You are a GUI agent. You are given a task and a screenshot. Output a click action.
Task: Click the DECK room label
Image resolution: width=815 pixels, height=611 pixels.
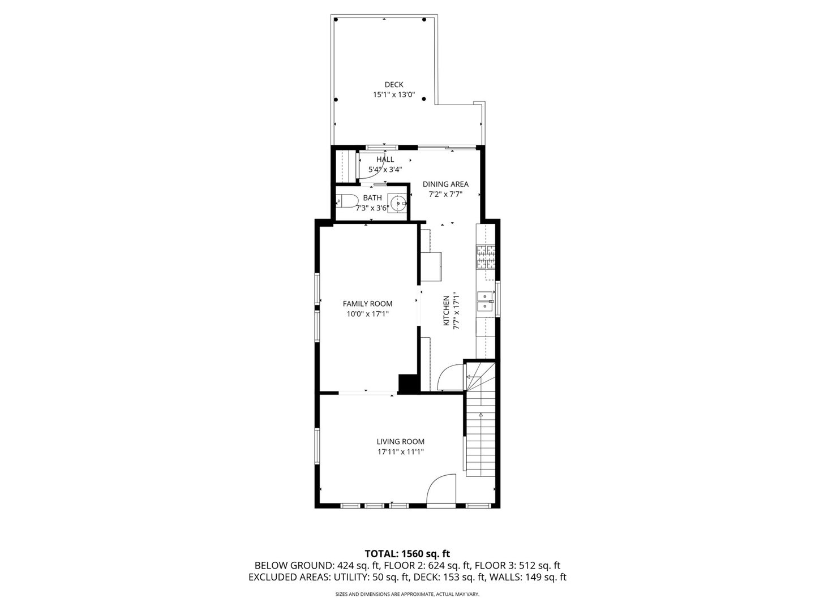(x=393, y=85)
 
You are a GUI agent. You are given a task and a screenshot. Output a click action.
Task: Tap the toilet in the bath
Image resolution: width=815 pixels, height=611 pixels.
(x=346, y=202)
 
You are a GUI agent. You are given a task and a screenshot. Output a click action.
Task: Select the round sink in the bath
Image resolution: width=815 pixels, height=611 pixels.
(x=397, y=203)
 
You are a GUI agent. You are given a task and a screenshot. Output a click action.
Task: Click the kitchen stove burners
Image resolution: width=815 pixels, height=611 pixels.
(x=486, y=257)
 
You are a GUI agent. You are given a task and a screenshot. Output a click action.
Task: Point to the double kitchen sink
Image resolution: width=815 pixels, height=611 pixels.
(x=485, y=301)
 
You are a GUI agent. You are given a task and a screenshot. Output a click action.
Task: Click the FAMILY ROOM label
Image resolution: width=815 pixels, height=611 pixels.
(x=367, y=303)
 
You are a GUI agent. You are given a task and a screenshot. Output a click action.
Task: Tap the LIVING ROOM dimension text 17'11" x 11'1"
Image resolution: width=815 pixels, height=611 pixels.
(x=400, y=452)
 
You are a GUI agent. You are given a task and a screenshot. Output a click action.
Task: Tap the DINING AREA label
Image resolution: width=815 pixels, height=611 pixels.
(x=445, y=184)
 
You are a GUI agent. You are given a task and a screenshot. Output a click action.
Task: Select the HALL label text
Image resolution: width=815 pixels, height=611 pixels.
(x=385, y=160)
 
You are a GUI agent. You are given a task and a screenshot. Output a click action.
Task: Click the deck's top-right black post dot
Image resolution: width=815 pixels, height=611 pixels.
(x=424, y=20)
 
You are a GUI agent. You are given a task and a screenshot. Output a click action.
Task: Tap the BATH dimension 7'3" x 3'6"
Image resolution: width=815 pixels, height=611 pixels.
(x=372, y=208)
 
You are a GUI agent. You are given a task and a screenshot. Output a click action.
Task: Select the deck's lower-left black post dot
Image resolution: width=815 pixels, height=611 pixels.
(x=336, y=100)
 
